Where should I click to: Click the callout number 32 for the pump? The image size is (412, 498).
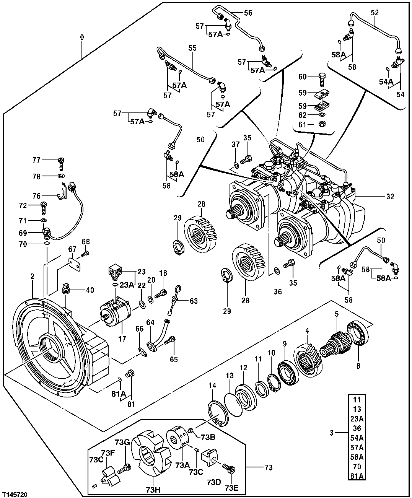click(390, 197)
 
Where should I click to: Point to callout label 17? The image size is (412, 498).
click(122, 339)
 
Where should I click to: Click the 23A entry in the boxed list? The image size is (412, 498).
click(357, 418)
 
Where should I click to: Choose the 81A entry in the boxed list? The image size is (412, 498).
click(357, 476)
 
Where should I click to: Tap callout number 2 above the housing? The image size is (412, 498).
click(33, 276)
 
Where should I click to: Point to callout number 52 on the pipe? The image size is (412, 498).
click(375, 13)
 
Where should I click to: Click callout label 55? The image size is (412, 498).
click(192, 48)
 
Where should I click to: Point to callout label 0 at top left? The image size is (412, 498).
click(81, 37)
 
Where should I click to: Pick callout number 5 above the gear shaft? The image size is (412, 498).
click(337, 314)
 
